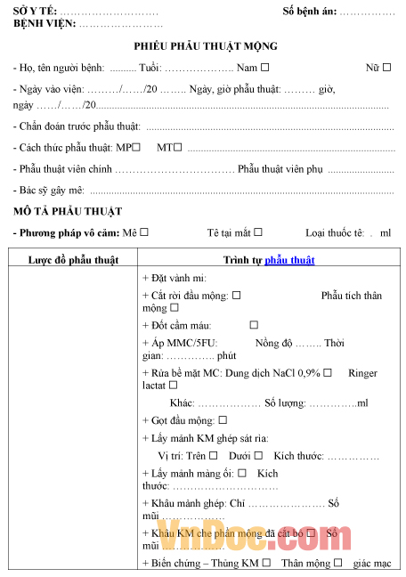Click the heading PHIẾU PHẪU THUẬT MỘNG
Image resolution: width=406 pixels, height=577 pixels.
[206, 46]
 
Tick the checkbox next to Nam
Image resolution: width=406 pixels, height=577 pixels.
[265, 67]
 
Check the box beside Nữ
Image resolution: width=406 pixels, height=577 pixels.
[386, 67]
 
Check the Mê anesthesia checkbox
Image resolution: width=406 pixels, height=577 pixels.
[144, 232]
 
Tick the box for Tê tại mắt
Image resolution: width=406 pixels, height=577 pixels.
[258, 232]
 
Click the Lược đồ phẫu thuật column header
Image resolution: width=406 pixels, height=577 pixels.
[73, 260]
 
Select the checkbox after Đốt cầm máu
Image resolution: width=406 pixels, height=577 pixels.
[254, 325]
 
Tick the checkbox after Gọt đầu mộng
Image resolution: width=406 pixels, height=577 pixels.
[223, 419]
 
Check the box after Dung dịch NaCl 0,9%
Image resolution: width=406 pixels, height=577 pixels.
[328, 372]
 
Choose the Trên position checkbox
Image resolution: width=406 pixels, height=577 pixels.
[213, 455]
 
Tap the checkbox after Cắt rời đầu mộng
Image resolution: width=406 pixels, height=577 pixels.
[236, 295]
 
